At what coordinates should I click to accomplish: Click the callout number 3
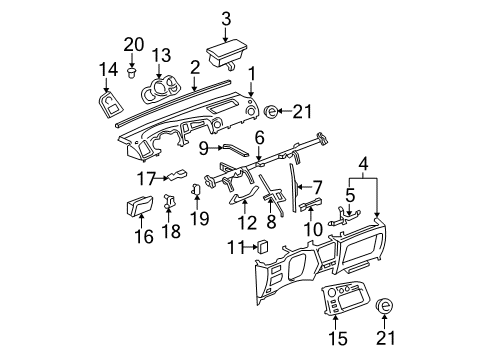[x=226, y=18]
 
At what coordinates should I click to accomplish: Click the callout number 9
[x=203, y=147]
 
